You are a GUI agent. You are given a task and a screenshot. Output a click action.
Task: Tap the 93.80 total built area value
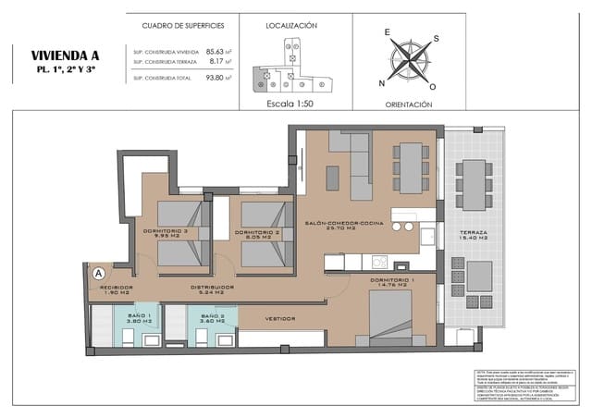tap(216, 79)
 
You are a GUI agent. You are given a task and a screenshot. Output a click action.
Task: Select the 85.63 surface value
tap(216, 52)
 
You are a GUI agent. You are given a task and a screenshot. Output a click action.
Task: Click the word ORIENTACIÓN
tap(409, 104)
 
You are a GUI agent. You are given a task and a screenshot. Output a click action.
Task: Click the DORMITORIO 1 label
tap(392, 279)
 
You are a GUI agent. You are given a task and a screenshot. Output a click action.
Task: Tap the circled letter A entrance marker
tap(98, 273)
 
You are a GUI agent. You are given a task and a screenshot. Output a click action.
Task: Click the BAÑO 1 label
tap(138, 316)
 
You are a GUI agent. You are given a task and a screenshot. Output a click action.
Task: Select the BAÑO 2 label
tap(212, 316)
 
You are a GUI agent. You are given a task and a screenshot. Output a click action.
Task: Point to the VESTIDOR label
tap(280, 318)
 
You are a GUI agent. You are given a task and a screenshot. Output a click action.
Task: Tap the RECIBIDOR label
tap(117, 288)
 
